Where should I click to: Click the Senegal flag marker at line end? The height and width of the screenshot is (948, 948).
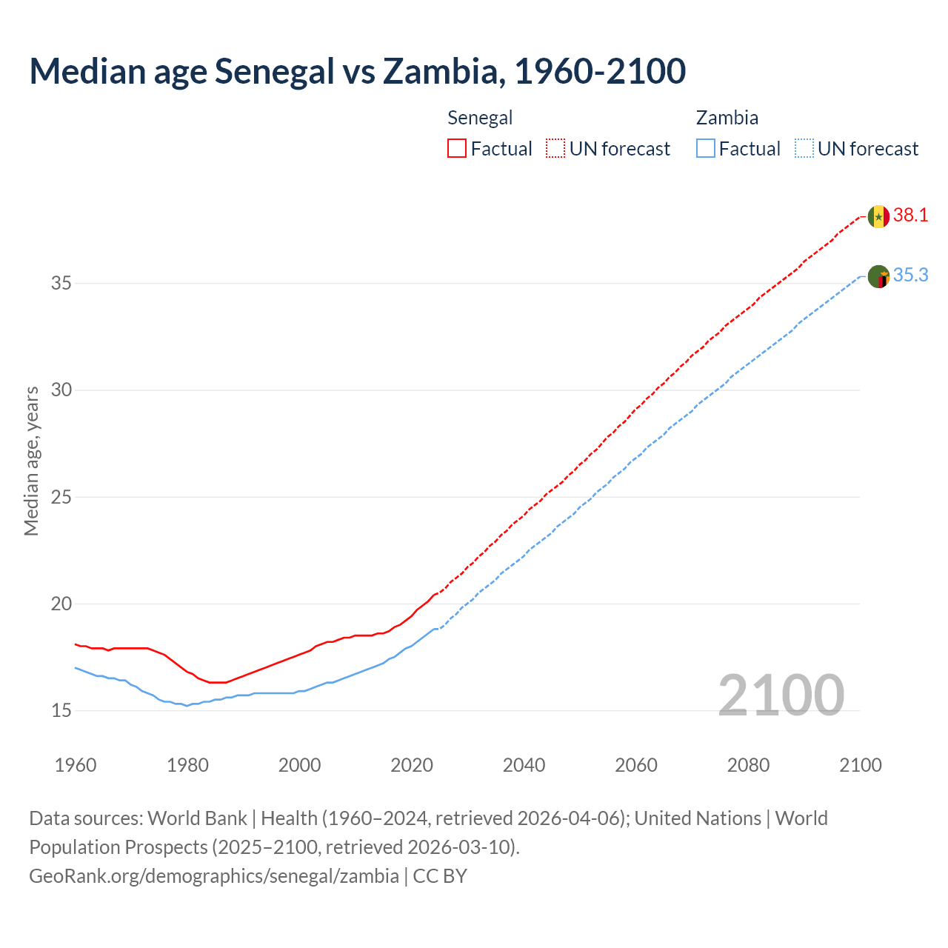pos(878,216)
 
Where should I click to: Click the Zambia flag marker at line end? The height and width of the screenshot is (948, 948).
pos(878,276)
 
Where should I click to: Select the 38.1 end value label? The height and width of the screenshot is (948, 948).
pos(910,216)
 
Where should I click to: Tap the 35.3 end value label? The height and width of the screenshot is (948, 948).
pos(910,276)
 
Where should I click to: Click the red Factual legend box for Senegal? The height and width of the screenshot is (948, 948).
pos(457,149)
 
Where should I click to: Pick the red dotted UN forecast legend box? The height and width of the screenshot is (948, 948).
pos(555,149)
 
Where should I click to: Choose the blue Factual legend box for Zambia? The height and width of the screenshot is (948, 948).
pos(706,149)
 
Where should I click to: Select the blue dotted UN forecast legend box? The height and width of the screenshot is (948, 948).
pos(804,149)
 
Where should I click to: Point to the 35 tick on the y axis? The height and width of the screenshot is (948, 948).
pos(61,283)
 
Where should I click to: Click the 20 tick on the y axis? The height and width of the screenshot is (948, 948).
pos(61,604)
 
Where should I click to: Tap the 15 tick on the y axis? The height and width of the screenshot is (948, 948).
pos(61,710)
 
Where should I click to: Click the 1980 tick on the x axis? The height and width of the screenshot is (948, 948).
pos(187,765)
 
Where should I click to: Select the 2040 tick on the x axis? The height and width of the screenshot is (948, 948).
pos(524,765)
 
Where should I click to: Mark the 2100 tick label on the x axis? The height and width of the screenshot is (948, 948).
pos(861,765)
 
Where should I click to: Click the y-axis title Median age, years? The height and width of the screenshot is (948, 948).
pos(31,461)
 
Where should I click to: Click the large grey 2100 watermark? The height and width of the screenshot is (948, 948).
pos(781,695)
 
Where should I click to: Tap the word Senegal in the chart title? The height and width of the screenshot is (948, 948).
pos(274,71)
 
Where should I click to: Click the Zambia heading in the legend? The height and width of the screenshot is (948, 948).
pos(727,118)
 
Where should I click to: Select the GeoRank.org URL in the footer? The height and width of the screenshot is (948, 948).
pos(214,875)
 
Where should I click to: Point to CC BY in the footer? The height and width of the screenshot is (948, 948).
pos(440,875)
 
